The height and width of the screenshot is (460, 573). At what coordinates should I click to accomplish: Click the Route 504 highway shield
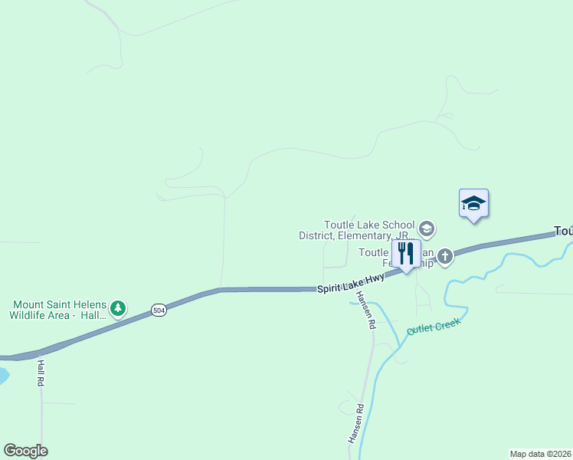tap(158, 310)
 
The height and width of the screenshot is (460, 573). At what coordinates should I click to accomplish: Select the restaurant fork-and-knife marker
tap(405, 254)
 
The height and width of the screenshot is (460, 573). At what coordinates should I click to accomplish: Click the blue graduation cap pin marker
tap(473, 203)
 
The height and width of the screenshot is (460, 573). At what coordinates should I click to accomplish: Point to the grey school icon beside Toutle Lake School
tap(427, 228)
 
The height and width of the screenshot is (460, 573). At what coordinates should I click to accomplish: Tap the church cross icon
tap(445, 254)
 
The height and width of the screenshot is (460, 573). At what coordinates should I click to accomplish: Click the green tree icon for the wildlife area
tap(117, 308)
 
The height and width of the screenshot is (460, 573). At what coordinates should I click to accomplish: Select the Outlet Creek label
tap(433, 328)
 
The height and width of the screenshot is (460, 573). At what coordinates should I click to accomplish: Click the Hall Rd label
tap(41, 374)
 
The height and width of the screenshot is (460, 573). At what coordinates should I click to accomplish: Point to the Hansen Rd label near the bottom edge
tap(354, 423)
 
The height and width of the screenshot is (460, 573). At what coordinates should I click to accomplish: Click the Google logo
tap(25, 451)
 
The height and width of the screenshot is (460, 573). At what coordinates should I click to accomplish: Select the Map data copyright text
tap(540, 454)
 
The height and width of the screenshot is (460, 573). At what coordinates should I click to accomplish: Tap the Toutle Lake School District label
tap(358, 230)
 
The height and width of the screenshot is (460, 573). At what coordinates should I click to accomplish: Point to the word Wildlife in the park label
tap(31, 315)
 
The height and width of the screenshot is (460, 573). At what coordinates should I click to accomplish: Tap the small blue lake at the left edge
tap(2, 376)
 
